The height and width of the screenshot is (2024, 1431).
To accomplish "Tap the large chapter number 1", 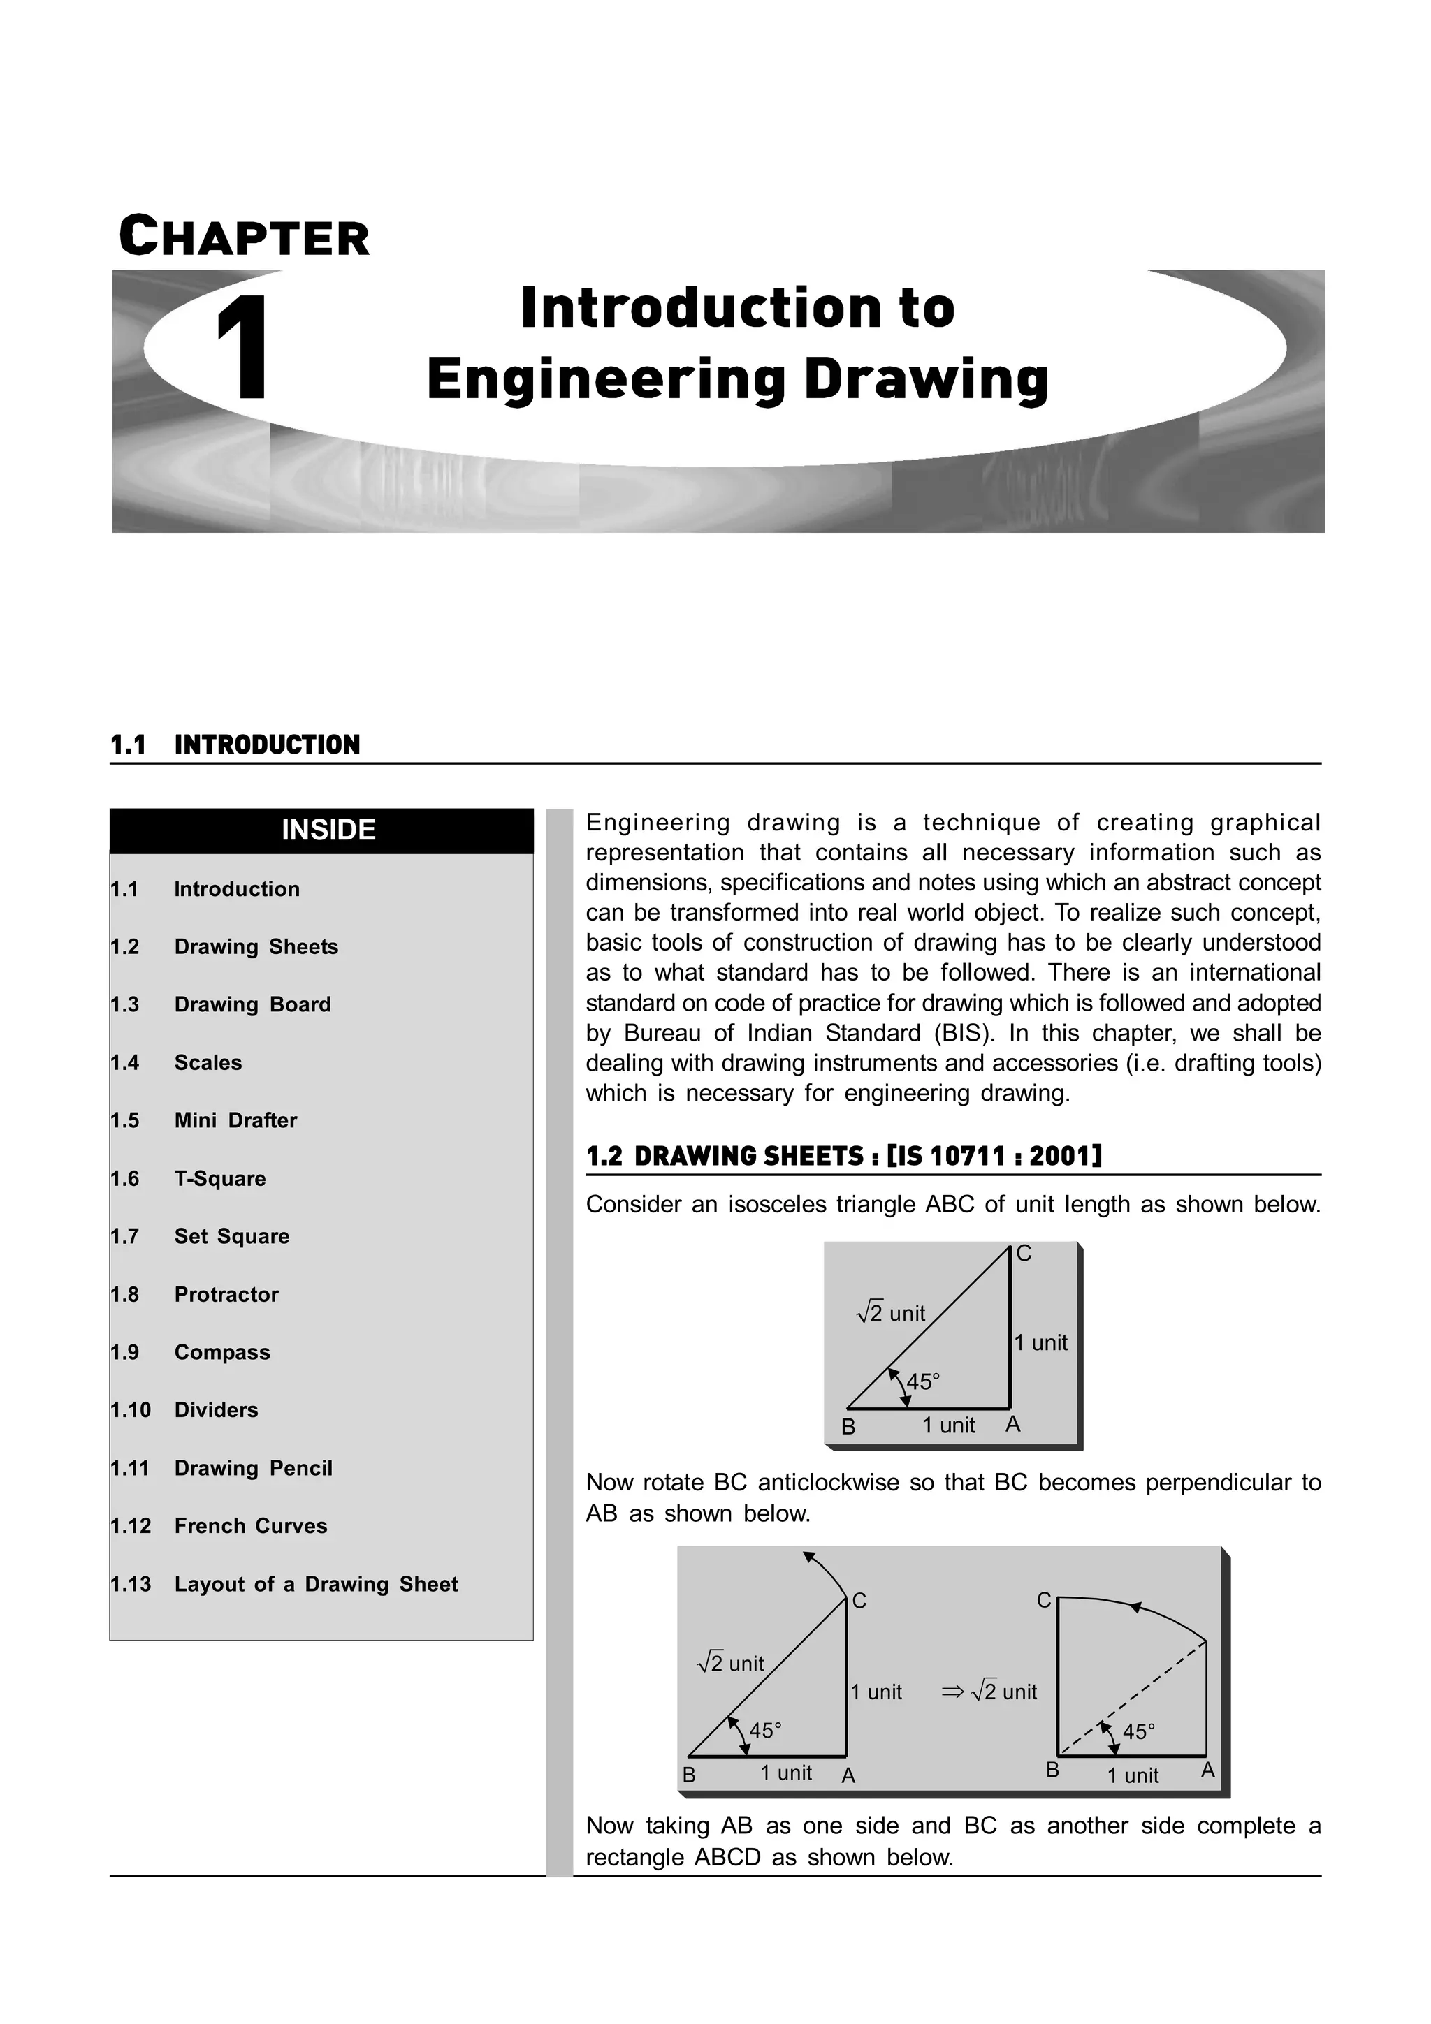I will click(242, 349).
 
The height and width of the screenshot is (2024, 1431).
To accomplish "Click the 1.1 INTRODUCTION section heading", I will click(235, 745).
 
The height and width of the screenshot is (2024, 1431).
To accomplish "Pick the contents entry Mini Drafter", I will click(235, 1120).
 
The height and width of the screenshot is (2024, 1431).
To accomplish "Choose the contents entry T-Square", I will click(219, 1179).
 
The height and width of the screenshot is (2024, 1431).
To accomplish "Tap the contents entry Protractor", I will click(226, 1294).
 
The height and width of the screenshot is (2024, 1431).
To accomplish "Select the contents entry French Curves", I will click(250, 1526).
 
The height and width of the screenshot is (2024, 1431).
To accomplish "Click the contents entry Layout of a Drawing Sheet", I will click(316, 1584).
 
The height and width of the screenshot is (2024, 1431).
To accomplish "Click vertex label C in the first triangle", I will click(1023, 1254).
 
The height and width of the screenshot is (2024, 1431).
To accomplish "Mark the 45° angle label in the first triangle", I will click(923, 1382).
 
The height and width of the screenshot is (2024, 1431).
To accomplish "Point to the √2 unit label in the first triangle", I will click(892, 1314).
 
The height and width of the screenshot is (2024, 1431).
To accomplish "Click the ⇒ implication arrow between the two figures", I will click(952, 1692).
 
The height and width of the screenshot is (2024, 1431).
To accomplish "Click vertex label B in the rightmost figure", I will click(1052, 1770).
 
